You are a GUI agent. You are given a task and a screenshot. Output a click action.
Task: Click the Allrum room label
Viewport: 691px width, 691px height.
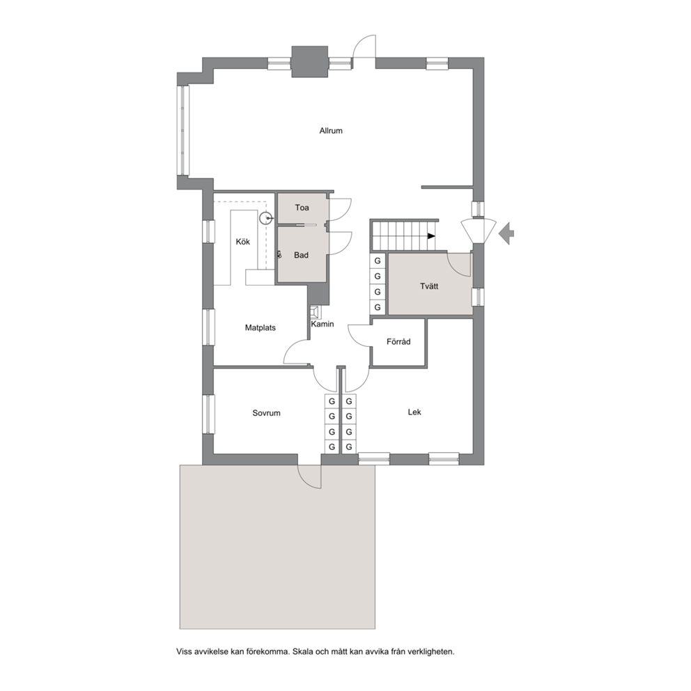[x=330, y=131]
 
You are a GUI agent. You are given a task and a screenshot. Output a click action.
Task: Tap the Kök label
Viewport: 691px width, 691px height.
[x=243, y=242]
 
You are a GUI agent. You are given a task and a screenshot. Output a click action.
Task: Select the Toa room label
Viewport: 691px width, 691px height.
[x=302, y=208]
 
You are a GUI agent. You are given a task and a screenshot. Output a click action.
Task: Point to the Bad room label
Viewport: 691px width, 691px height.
[x=302, y=255]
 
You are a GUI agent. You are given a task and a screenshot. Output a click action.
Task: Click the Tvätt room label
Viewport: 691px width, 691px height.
[x=429, y=286]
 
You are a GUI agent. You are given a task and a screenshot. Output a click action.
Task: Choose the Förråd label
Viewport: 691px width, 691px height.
[x=398, y=341]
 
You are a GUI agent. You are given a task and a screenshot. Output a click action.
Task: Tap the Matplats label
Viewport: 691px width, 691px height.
[x=261, y=328]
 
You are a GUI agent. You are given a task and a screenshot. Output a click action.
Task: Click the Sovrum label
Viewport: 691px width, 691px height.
[x=266, y=413]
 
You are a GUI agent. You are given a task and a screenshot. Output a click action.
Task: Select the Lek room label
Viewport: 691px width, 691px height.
[x=414, y=412]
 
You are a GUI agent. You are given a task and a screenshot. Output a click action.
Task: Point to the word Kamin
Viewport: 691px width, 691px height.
[x=323, y=324]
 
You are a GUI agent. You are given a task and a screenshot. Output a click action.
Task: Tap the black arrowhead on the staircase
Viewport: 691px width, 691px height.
[x=431, y=236]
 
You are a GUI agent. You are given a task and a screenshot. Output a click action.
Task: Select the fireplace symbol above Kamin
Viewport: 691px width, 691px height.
[x=315, y=312]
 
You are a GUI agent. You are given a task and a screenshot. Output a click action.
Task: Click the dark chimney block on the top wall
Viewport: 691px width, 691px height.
[x=310, y=62]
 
